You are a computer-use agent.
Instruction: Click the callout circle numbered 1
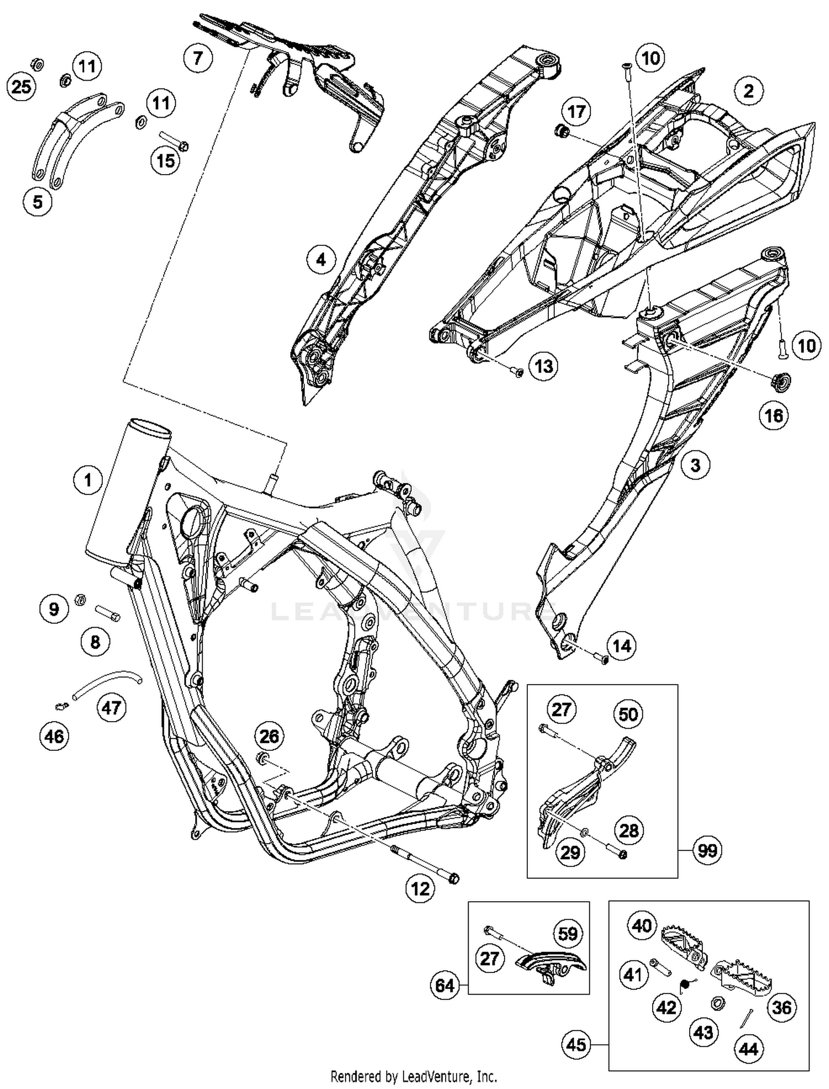87,480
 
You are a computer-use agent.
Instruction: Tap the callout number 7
198,57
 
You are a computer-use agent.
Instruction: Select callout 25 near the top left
22,87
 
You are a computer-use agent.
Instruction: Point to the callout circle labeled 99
707,850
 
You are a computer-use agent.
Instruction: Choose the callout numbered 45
576,1045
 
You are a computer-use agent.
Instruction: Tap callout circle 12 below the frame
420,888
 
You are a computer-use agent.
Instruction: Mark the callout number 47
112,707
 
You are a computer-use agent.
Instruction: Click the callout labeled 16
774,415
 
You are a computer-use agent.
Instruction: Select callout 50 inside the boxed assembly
628,714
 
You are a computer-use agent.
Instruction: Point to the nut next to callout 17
563,132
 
